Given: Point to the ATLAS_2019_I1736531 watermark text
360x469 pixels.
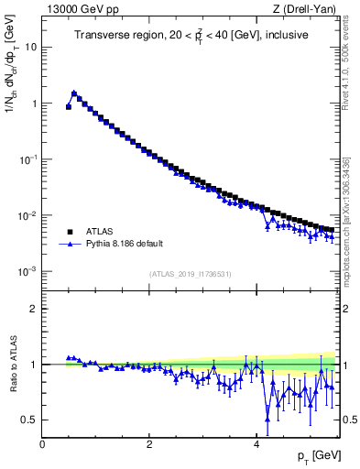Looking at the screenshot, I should tap(191, 274).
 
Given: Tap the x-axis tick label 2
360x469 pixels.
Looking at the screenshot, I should tap(148, 444).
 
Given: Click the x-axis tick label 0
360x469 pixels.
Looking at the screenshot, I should tap(42, 444).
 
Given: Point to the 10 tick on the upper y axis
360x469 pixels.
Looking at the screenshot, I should tap(30, 47).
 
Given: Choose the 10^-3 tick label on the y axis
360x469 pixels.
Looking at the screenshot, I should tap(27, 271).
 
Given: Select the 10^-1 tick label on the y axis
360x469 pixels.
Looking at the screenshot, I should tap(27, 158).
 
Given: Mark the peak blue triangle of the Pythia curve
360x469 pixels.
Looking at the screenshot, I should tap(74, 93).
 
